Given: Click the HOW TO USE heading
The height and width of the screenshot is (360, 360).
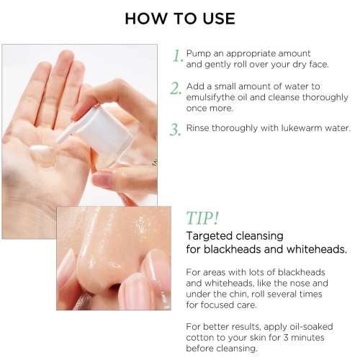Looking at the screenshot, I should (180, 19).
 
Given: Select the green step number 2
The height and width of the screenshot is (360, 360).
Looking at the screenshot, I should (176, 89).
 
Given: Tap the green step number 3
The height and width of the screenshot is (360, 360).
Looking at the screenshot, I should (175, 130).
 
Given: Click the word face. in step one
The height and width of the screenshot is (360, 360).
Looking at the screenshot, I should (315, 64).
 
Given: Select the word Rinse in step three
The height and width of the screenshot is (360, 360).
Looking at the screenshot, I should (199, 128).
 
